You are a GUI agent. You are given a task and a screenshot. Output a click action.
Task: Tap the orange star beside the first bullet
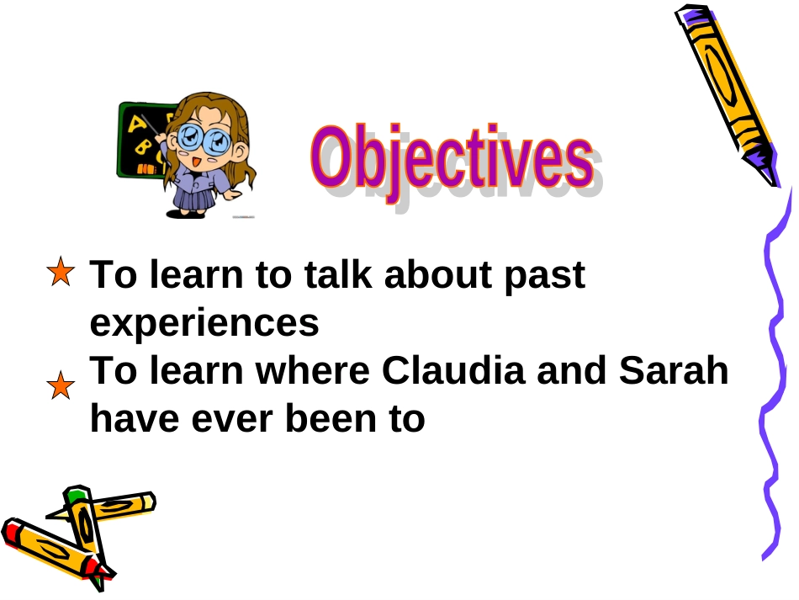(x=61, y=272)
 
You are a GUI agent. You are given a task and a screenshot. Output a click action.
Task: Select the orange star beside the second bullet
(x=61, y=385)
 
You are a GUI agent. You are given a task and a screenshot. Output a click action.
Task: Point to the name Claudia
(x=453, y=370)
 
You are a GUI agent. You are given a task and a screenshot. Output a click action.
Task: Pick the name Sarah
(x=674, y=370)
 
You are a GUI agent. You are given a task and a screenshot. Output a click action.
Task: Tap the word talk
(x=338, y=274)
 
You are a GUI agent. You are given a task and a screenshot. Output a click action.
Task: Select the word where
(x=312, y=370)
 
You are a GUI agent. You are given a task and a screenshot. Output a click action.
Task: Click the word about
(x=438, y=274)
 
